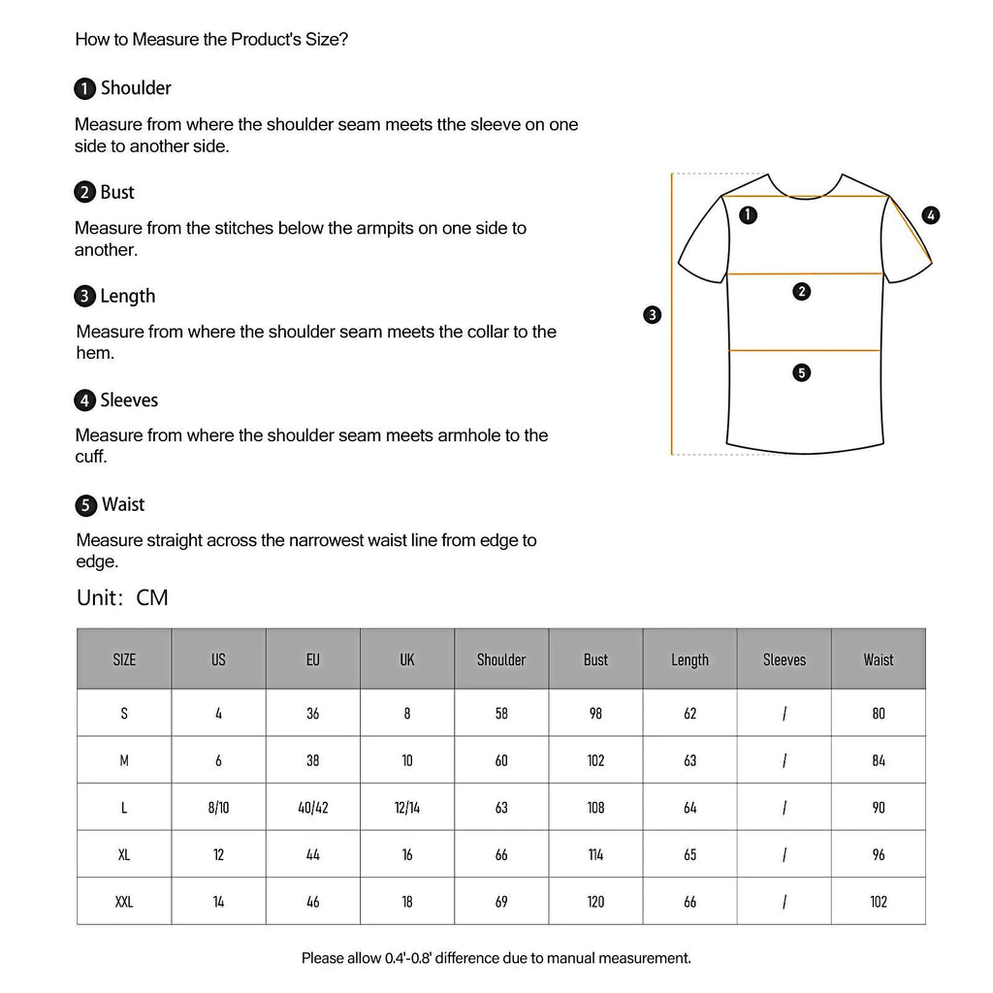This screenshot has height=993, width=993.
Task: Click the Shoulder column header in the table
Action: (501, 659)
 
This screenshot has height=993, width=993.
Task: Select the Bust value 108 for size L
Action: (595, 807)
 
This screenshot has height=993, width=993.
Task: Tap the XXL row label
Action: (124, 901)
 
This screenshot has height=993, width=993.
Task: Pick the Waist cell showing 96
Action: (879, 854)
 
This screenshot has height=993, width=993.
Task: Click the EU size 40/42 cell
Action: (312, 807)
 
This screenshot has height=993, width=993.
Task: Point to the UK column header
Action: (407, 659)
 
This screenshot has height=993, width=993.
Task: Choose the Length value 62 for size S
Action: (689, 713)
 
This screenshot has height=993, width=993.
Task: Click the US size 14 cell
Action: (218, 901)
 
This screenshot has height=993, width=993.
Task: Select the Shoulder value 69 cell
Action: (501, 901)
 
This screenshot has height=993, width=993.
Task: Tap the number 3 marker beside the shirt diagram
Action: (653, 314)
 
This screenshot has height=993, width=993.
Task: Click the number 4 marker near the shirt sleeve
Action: (931, 215)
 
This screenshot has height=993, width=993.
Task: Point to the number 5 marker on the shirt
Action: (801, 372)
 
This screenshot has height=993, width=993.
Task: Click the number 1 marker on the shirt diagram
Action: (748, 215)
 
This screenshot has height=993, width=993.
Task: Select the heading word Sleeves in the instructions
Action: (129, 400)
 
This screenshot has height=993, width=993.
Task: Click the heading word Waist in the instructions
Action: (123, 504)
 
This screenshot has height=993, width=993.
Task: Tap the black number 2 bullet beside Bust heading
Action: (85, 193)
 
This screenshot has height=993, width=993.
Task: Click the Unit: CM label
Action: (122, 597)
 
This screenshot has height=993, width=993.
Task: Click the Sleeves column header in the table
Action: (784, 659)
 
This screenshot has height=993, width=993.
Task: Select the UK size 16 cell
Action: (407, 854)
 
